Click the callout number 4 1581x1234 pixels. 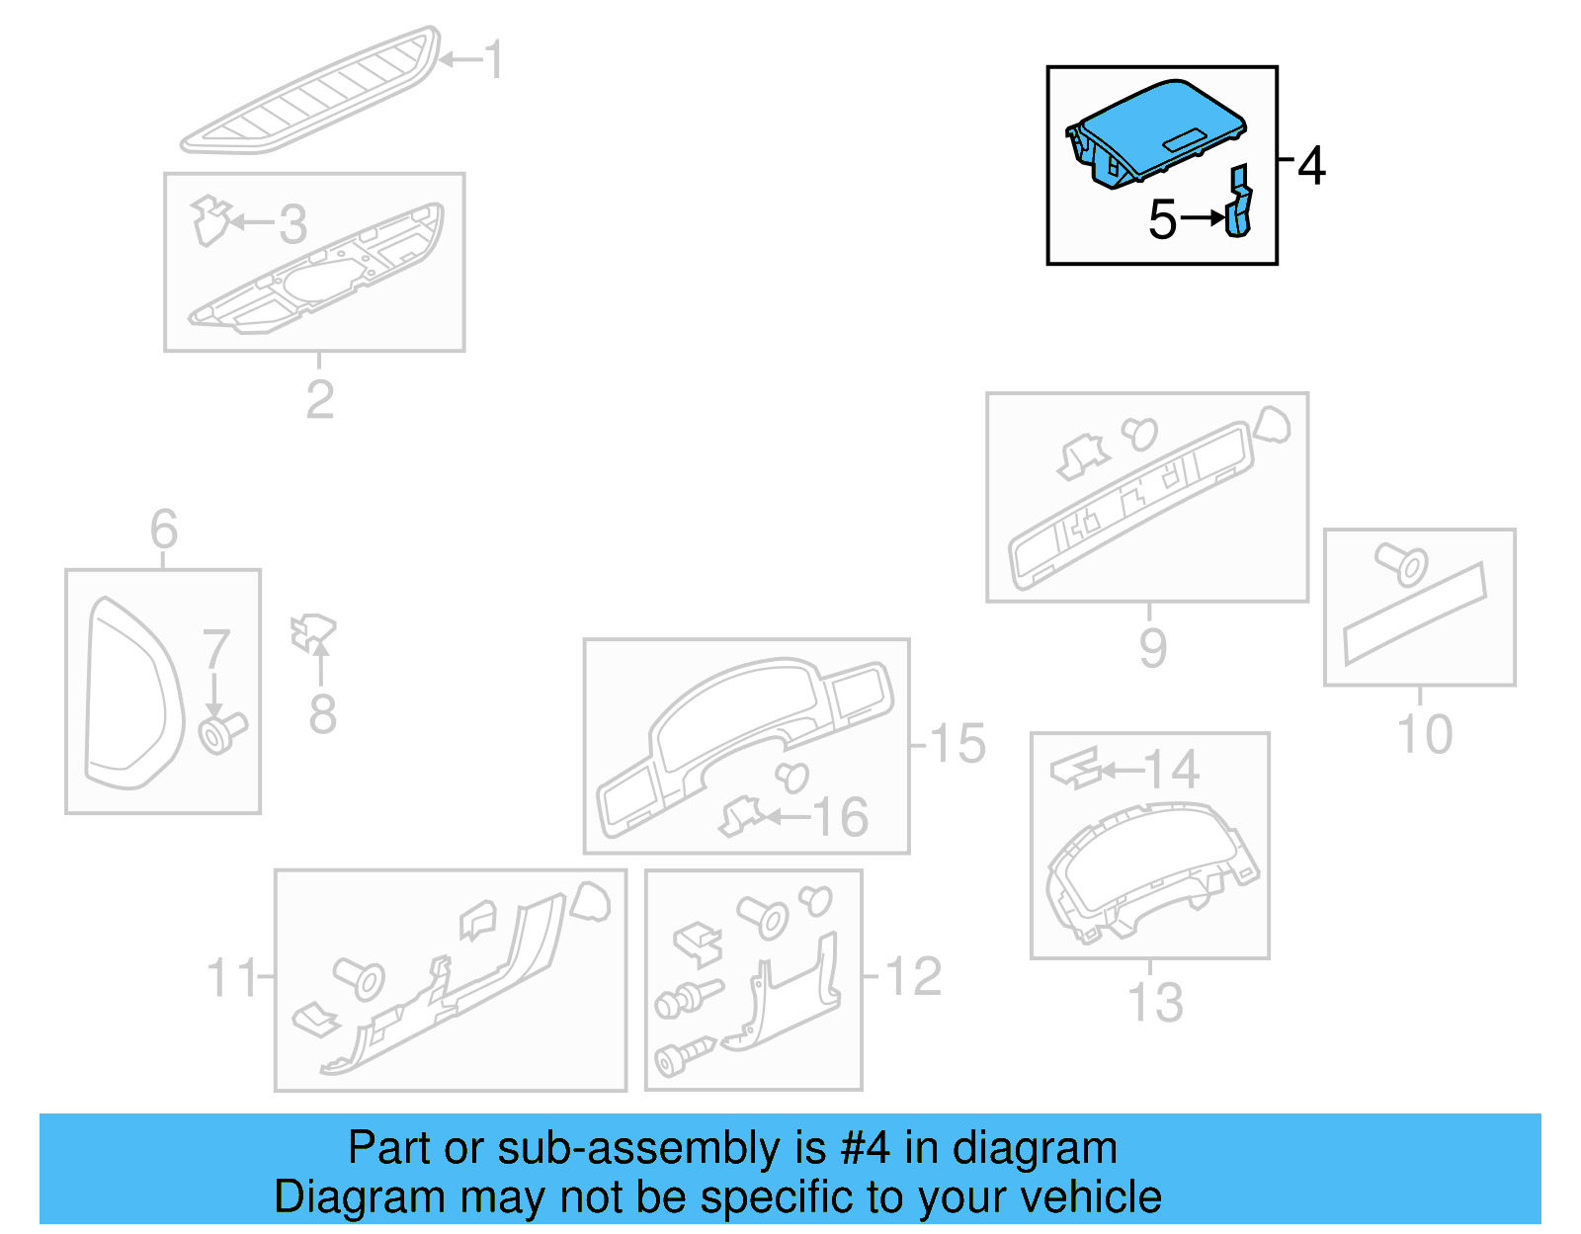[1310, 166]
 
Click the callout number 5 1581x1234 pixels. [1162, 219]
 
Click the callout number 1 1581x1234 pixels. [494, 60]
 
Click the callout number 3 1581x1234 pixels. [292, 224]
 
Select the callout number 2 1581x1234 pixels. [319, 399]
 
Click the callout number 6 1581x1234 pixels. [164, 530]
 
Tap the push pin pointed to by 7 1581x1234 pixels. [221, 733]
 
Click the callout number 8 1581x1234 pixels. [322, 714]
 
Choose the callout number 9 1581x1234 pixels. [1152, 648]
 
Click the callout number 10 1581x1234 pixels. [1424, 735]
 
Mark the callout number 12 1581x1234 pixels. [913, 977]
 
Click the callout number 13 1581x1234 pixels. [1155, 1003]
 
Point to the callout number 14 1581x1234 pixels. [1172, 770]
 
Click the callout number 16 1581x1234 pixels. [840, 817]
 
